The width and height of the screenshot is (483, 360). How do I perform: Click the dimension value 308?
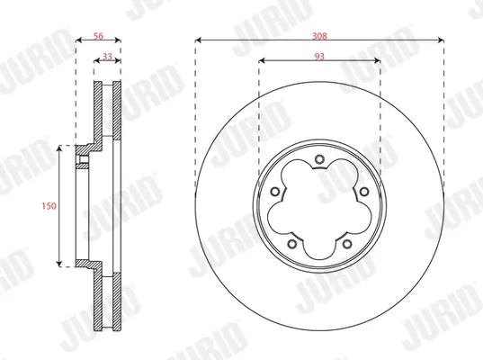pos(319,36)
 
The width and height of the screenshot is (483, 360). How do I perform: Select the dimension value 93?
pos(319,57)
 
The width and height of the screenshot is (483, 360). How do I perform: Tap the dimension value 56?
pos(98,36)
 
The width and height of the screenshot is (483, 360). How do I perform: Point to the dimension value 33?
pos(107,57)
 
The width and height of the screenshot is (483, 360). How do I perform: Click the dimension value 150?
pos(49,205)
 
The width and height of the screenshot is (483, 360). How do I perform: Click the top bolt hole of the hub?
pos(319,159)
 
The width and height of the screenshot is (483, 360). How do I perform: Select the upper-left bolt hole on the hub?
pos(274,192)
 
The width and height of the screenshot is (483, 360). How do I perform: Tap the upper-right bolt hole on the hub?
pos(364,192)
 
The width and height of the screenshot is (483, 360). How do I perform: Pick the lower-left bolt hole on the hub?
pos(292,245)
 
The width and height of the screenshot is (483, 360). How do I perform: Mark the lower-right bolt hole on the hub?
pos(347,245)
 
